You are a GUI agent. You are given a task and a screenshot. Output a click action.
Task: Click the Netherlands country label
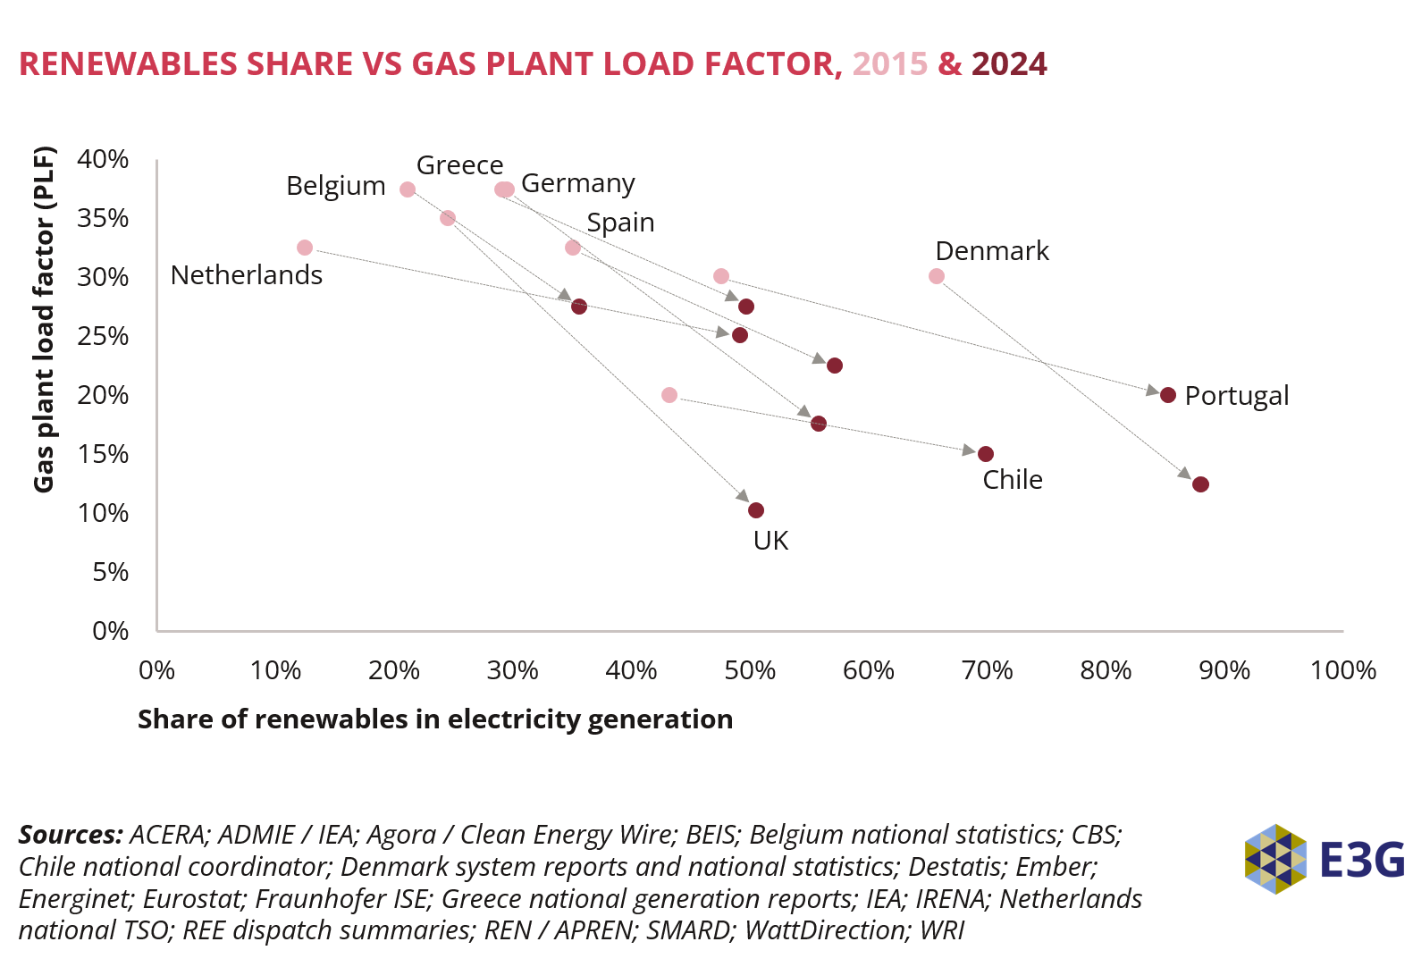click(247, 275)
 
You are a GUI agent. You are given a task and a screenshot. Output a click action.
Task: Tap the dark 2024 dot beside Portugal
click(1167, 395)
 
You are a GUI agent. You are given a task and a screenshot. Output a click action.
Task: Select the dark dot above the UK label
click(756, 510)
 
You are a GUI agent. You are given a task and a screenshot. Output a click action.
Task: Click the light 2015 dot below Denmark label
click(937, 276)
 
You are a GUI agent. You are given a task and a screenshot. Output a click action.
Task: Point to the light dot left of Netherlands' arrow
click(305, 248)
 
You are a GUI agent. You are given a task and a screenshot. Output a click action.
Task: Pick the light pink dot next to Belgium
click(408, 189)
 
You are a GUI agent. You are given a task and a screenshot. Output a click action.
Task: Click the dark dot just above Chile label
click(986, 454)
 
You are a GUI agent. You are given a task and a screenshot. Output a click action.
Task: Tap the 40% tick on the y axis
click(103, 160)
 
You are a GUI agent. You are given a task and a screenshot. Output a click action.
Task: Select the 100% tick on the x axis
click(1342, 670)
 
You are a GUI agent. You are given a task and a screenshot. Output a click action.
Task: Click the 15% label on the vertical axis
click(103, 455)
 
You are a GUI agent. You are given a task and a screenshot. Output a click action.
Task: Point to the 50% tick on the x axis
click(750, 670)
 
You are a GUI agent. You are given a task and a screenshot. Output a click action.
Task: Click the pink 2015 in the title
click(890, 64)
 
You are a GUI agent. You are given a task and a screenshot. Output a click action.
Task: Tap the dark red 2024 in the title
click(1009, 64)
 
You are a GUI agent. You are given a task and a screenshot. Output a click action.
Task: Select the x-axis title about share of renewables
click(435, 719)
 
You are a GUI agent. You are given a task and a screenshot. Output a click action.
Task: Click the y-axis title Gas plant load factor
click(44, 319)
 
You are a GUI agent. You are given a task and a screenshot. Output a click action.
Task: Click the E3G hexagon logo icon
click(1275, 859)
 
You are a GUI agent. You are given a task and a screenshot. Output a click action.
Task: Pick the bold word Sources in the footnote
click(71, 835)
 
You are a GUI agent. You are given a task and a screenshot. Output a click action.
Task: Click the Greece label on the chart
click(459, 165)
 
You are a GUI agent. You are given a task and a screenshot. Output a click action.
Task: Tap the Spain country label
click(620, 223)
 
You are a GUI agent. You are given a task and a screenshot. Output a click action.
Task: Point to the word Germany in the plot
click(578, 183)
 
